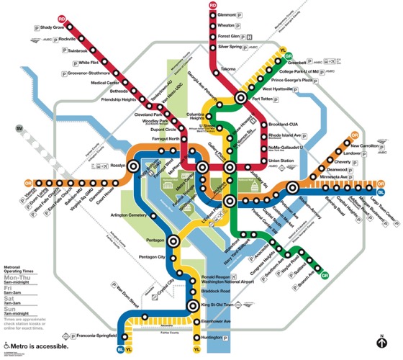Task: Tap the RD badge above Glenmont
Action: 213,6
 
